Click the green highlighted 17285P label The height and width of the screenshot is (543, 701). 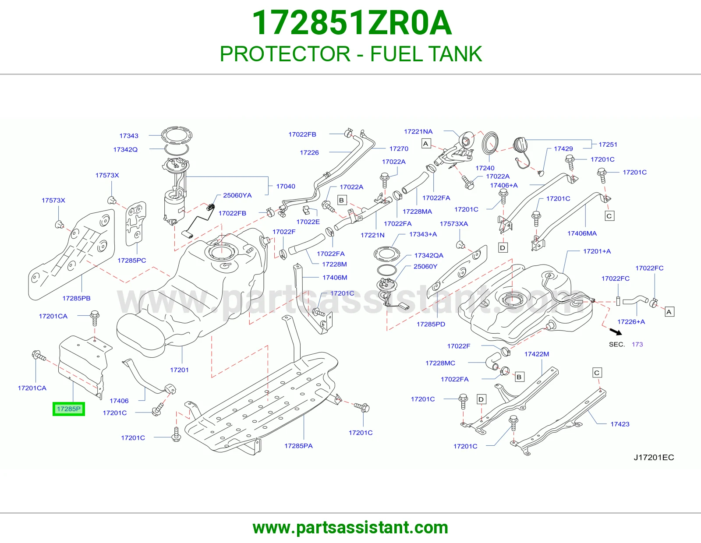(x=69, y=409)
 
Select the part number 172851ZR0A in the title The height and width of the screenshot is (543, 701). (x=352, y=23)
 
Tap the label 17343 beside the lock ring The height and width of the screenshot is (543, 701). (x=129, y=136)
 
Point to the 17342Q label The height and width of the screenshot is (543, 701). (x=125, y=150)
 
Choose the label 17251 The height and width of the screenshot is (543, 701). (x=608, y=145)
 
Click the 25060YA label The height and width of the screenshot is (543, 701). (x=237, y=195)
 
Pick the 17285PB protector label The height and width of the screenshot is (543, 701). (x=76, y=298)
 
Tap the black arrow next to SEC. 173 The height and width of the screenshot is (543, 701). (x=616, y=331)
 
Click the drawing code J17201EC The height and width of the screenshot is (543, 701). (x=654, y=457)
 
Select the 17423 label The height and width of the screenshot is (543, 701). (x=620, y=424)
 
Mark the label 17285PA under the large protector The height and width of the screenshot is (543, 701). (x=298, y=446)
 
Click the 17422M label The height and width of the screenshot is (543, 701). (x=536, y=354)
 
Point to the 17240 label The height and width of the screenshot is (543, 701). (x=485, y=168)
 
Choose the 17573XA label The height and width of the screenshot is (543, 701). (x=453, y=224)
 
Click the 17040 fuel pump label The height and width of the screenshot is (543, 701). (x=286, y=186)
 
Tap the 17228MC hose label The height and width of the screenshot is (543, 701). (x=440, y=363)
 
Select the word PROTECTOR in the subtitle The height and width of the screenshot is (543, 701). (x=285, y=54)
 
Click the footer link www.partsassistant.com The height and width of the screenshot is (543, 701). (x=350, y=528)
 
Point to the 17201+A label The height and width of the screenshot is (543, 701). (x=597, y=251)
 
